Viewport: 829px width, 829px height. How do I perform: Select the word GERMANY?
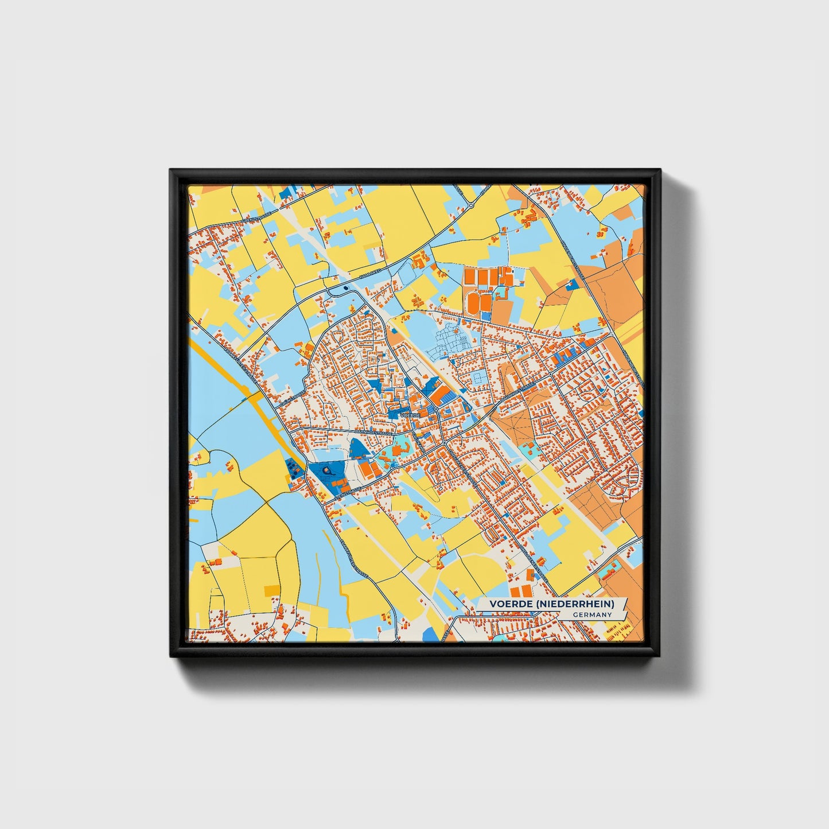click(592, 615)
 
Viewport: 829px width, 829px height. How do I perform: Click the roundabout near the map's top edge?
click(471, 205)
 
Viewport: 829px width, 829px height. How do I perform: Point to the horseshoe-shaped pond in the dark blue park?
click(327, 470)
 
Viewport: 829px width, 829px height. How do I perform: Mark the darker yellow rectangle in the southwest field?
click(271, 591)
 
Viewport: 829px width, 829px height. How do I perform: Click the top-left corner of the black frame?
click(171, 170)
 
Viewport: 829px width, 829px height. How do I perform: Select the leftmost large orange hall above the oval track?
click(470, 278)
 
